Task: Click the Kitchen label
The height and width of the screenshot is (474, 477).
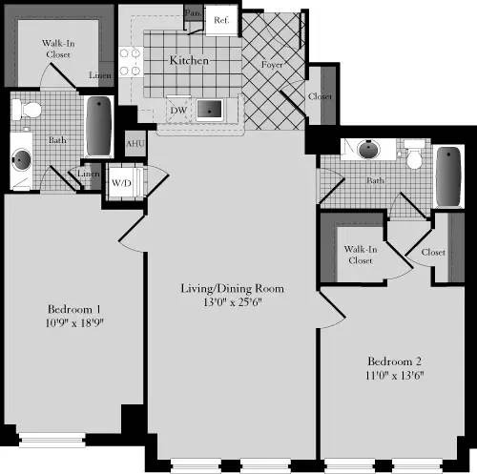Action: [x=189, y=61]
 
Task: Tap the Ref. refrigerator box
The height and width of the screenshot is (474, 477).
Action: [x=220, y=20]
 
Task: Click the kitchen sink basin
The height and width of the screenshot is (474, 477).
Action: [x=211, y=110]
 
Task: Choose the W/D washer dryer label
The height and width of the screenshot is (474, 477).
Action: [x=121, y=181]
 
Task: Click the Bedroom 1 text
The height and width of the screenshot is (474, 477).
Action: [x=73, y=310]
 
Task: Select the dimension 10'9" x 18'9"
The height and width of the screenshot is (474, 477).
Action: [x=73, y=323]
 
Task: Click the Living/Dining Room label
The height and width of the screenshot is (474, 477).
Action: [x=233, y=288]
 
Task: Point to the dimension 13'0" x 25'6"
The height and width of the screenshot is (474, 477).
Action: [x=233, y=301]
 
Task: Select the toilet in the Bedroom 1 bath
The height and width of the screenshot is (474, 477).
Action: [x=30, y=111]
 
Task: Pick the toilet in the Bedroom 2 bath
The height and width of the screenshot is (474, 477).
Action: [x=414, y=153]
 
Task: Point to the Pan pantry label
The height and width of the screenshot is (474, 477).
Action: [x=193, y=12]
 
